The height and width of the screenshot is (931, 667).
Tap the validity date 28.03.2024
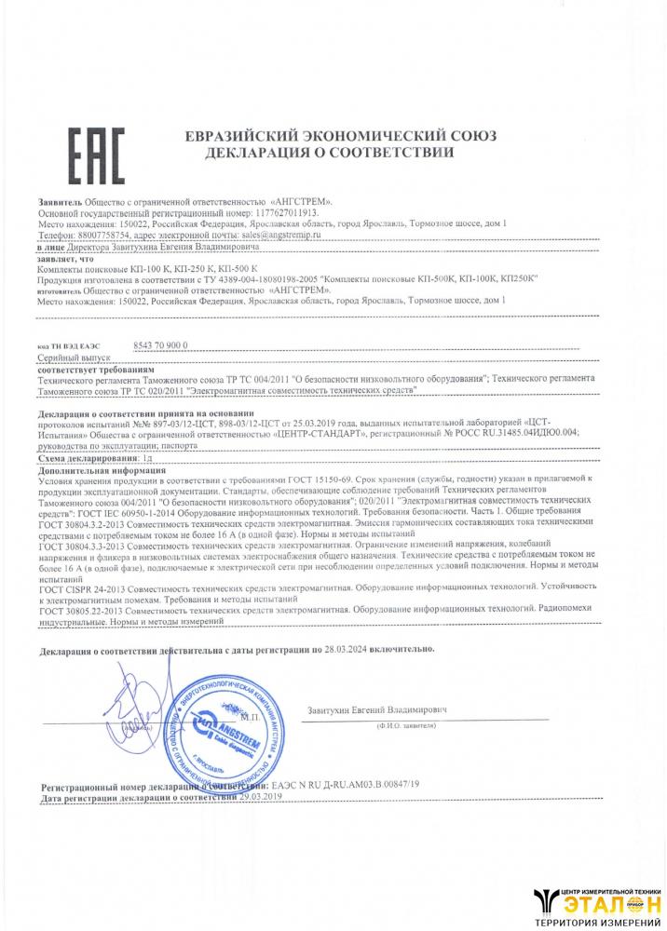(348, 647)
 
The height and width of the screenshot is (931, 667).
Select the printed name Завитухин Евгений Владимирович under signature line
(377, 710)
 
